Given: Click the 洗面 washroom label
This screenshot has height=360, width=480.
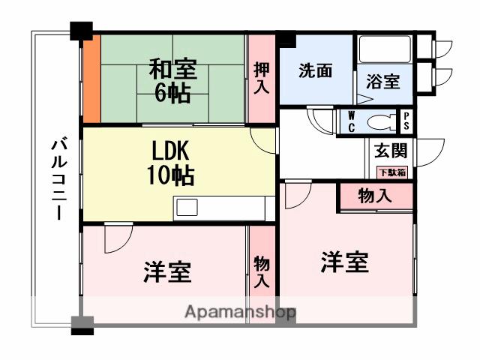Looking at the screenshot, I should [315, 72].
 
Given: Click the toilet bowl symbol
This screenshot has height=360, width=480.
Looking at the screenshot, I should [381, 120].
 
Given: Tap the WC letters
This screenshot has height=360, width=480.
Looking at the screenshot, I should [351, 121].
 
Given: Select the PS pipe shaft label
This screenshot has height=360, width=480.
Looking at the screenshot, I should [406, 121].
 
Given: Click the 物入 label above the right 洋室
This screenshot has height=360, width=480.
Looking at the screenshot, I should [374, 196].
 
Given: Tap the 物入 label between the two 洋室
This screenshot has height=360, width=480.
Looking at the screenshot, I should [262, 271].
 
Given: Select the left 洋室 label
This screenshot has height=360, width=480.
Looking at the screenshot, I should [167, 271].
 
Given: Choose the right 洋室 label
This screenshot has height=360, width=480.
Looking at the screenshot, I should [345, 262].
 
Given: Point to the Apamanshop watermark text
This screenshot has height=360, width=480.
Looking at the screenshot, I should [240, 312].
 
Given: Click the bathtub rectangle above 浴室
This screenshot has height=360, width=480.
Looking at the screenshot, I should [384, 49].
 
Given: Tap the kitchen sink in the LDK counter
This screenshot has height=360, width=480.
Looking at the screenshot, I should [187, 207].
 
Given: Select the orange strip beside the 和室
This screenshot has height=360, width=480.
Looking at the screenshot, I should [91, 79].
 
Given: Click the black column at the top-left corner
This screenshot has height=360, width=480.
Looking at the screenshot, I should [81, 32].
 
